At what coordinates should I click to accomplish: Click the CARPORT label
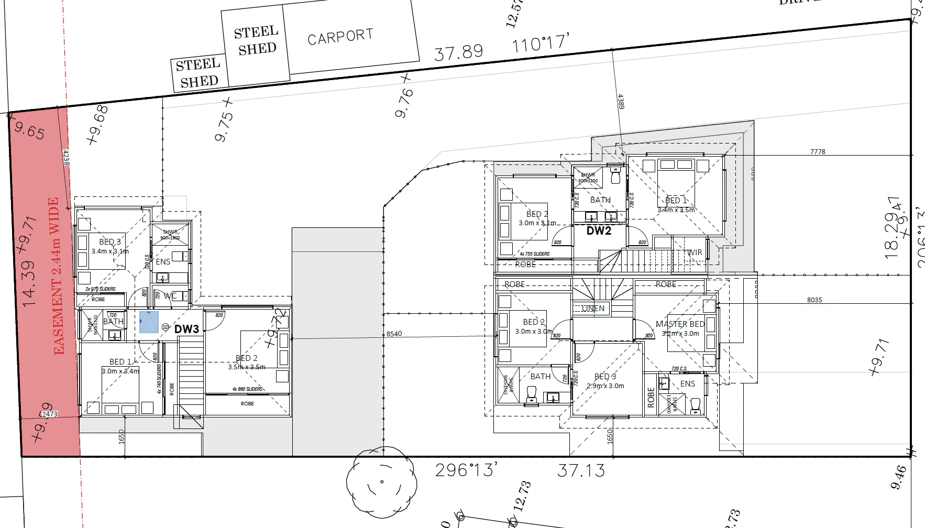tap(340, 36)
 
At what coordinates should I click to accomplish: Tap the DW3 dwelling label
tap(186, 329)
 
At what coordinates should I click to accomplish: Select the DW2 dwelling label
tap(599, 230)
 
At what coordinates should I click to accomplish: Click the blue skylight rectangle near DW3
tap(149, 322)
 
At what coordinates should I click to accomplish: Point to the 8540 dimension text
tap(394, 334)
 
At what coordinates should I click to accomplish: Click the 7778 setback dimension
tap(817, 151)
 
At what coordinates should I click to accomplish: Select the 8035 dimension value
tap(814, 300)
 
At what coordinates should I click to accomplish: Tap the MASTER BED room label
tap(679, 324)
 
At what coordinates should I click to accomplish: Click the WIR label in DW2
tap(695, 252)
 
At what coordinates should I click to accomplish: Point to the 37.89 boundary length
tap(458, 52)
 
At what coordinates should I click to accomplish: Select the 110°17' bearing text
tap(540, 43)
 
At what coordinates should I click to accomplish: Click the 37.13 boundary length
tap(581, 470)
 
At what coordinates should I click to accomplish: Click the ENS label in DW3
tap(163, 261)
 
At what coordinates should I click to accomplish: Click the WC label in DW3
tap(170, 296)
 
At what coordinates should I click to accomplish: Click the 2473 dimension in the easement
tap(49, 414)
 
